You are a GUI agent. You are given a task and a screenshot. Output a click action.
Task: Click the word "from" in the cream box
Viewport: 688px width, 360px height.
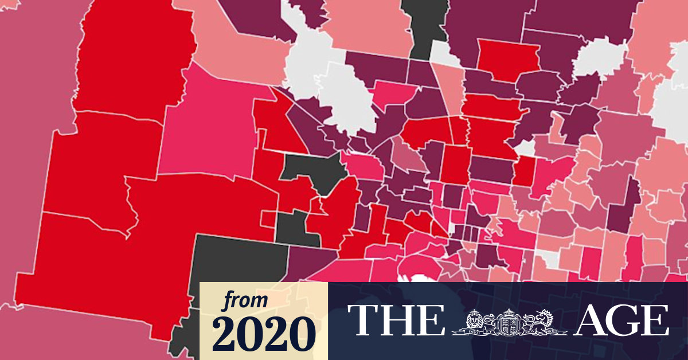pos(245,300)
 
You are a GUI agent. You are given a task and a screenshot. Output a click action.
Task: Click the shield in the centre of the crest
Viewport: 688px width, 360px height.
pos(509,324)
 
